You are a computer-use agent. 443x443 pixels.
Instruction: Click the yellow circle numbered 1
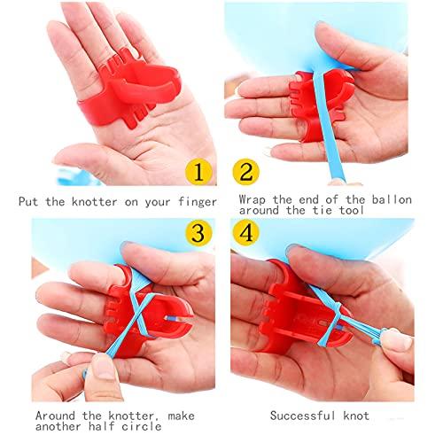click(x=198, y=172)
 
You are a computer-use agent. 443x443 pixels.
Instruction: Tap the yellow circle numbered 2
click(x=245, y=172)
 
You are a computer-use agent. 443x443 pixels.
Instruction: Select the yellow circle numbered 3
click(x=198, y=233)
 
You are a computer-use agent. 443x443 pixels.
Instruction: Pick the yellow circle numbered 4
click(x=245, y=233)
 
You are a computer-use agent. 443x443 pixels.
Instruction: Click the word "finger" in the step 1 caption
click(x=198, y=202)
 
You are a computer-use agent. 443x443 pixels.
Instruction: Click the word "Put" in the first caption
click(x=28, y=202)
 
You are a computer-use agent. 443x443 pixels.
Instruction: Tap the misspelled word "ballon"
click(x=392, y=200)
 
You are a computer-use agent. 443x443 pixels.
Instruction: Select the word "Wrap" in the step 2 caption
click(x=253, y=200)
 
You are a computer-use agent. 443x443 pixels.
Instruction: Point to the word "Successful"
click(x=303, y=416)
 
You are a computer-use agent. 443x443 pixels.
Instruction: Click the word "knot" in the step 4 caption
click(x=356, y=416)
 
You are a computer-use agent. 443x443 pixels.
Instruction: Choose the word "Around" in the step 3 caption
click(x=55, y=416)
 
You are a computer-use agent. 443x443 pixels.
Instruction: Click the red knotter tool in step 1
click(x=126, y=90)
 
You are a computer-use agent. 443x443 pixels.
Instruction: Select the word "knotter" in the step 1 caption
click(x=94, y=202)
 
